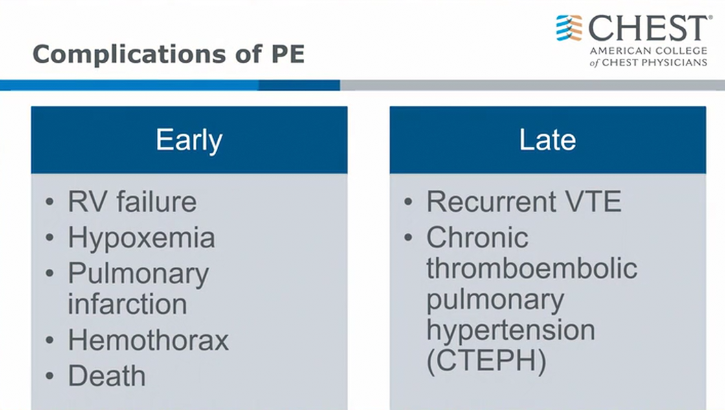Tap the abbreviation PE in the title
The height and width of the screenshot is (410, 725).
[287, 54]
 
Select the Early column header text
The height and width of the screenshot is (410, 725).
[189, 140]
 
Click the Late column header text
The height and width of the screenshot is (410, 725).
[548, 139]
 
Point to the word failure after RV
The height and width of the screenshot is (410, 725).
[156, 201]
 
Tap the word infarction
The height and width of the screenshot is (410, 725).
[128, 304]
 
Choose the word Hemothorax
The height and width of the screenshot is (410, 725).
[148, 340]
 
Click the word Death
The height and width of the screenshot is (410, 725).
[107, 375]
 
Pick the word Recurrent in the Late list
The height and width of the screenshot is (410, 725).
[491, 201]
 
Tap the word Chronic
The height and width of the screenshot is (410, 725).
[477, 238]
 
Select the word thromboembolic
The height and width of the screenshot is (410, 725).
[531, 268]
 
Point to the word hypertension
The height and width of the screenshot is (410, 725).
[511, 330]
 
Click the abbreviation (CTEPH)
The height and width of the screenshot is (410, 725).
[486, 361]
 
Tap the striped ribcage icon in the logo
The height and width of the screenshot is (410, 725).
[569, 28]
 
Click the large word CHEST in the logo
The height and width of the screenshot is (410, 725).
[648, 28]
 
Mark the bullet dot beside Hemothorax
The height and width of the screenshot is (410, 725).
[50, 341]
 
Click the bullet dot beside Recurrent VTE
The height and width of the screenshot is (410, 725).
[408, 201]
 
